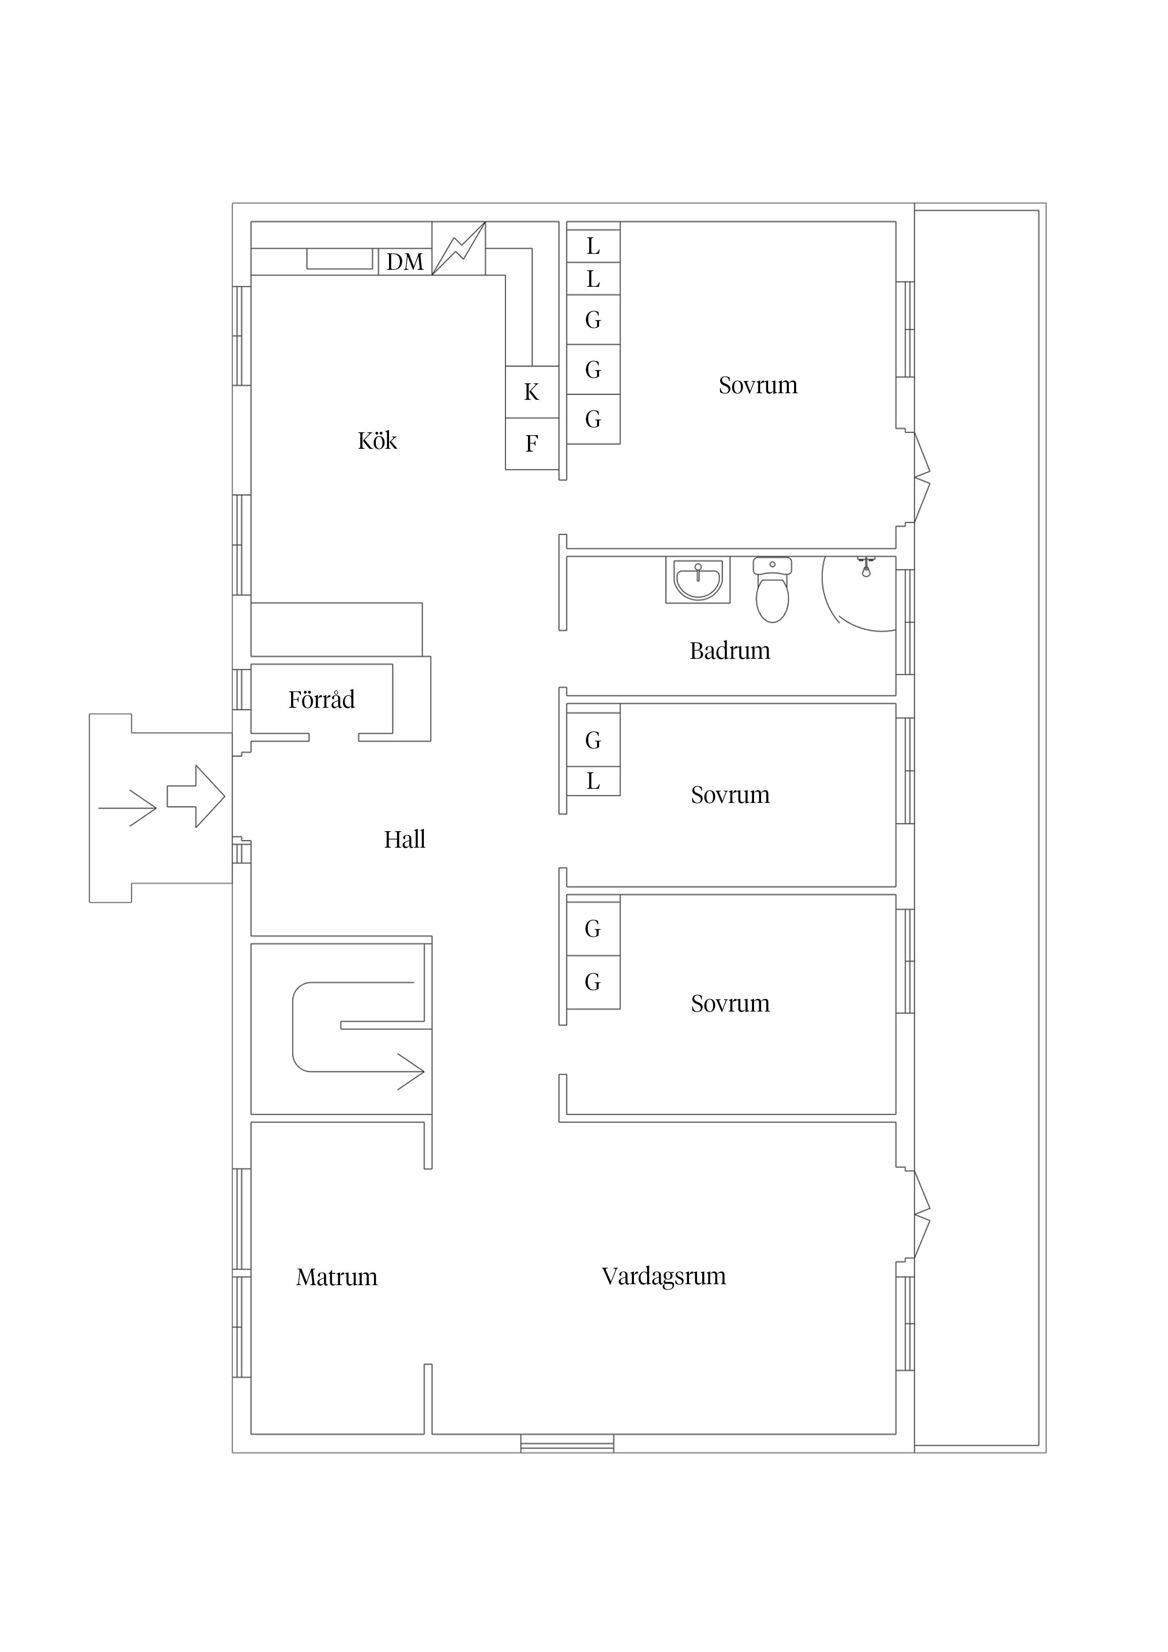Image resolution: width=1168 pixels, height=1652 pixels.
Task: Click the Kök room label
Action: tap(377, 440)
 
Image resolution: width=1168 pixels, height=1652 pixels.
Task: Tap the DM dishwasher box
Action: tap(405, 262)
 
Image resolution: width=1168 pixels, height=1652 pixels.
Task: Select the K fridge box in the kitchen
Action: tap(532, 392)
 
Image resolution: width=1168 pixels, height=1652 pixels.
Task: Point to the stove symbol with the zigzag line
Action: tap(458, 248)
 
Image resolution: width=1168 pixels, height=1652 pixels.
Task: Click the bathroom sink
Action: tap(698, 579)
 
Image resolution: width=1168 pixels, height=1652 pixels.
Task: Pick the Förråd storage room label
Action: tap(321, 699)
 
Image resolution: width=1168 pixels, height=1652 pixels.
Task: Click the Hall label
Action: tap(405, 840)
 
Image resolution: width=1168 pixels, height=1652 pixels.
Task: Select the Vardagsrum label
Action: tap(664, 1276)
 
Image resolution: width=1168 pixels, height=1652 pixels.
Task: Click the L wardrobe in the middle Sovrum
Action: tap(593, 781)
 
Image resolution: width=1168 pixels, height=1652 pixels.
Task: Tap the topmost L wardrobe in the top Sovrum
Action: tap(593, 246)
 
